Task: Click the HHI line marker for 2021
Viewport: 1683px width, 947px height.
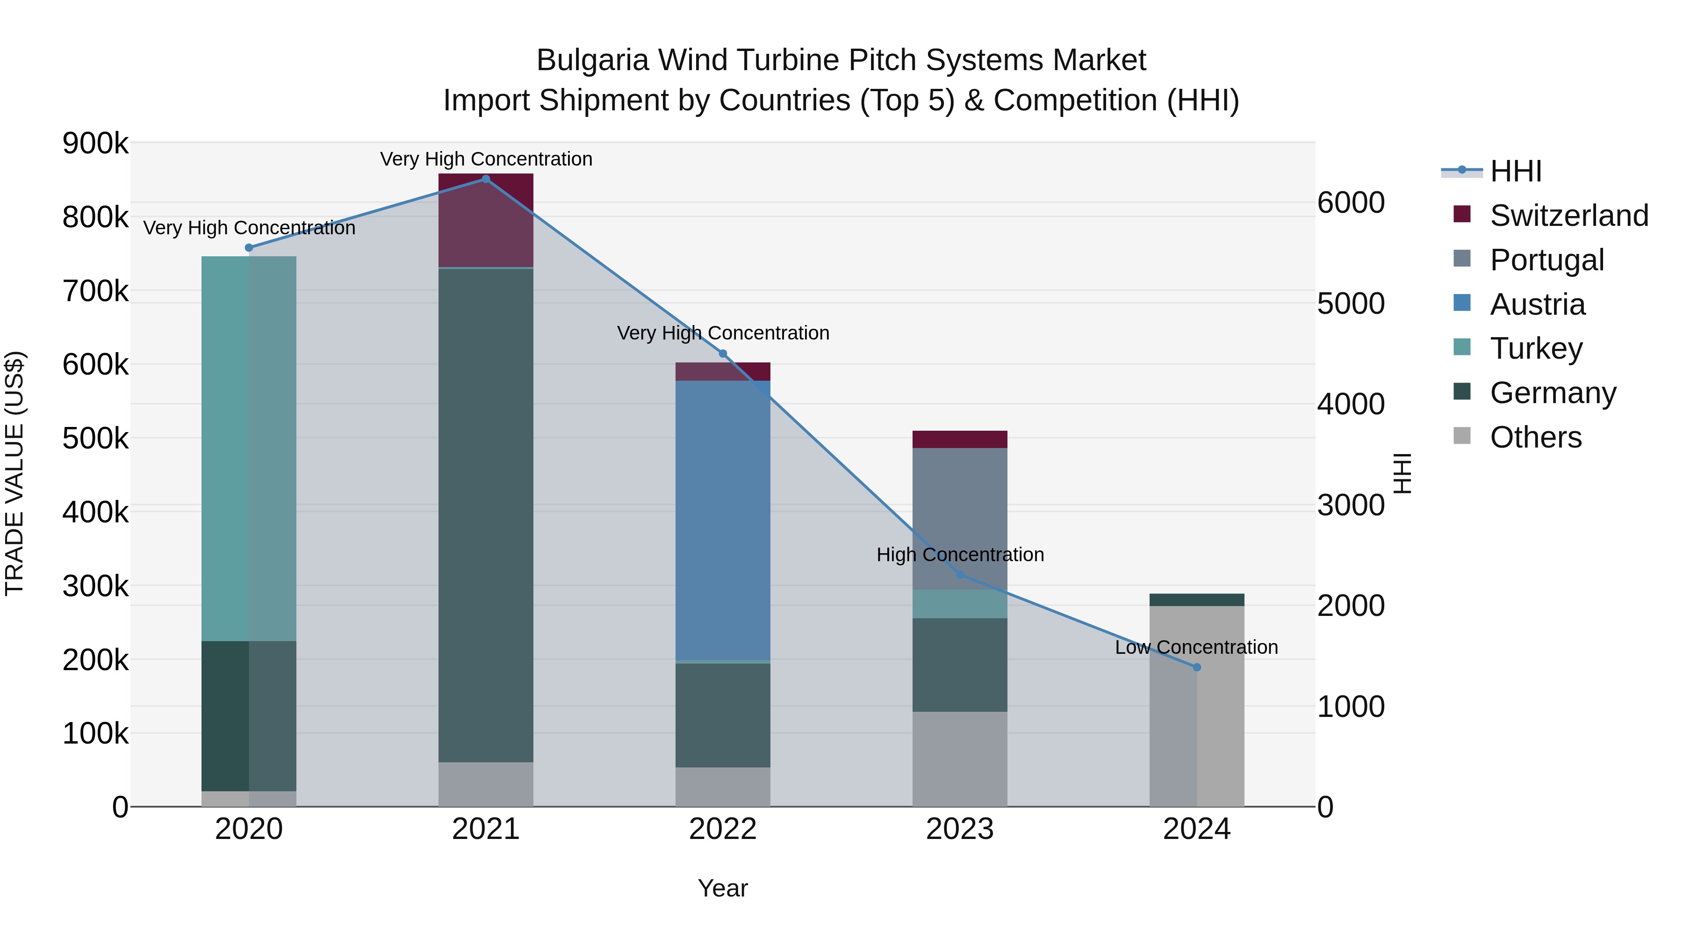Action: [x=485, y=179]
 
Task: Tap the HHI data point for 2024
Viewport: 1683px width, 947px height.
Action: [x=1196, y=667]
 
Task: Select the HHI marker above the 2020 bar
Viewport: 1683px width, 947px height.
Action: [x=249, y=248]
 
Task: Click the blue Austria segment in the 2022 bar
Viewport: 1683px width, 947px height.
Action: [x=723, y=520]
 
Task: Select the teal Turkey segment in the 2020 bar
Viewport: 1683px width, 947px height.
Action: [x=248, y=448]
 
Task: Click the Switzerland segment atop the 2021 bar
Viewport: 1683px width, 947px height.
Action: [x=485, y=220]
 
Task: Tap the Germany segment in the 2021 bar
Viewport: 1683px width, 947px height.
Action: [x=485, y=515]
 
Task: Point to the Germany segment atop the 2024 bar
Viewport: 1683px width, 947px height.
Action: [x=1196, y=600]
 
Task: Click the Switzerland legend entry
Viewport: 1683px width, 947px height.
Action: [x=1568, y=215]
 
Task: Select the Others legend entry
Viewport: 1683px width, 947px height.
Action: [x=1535, y=437]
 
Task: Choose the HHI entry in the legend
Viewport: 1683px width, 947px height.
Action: [x=1515, y=171]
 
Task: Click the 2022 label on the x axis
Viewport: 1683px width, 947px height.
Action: [x=723, y=829]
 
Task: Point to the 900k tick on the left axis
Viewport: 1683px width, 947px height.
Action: [x=95, y=143]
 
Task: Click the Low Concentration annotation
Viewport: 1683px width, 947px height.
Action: [x=1196, y=647]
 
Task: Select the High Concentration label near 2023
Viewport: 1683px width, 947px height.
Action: [x=960, y=554]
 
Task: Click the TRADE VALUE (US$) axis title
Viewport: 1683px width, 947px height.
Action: [x=15, y=473]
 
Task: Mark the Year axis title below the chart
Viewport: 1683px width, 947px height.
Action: [x=723, y=888]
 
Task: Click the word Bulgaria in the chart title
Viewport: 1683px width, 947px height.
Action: [x=593, y=60]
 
